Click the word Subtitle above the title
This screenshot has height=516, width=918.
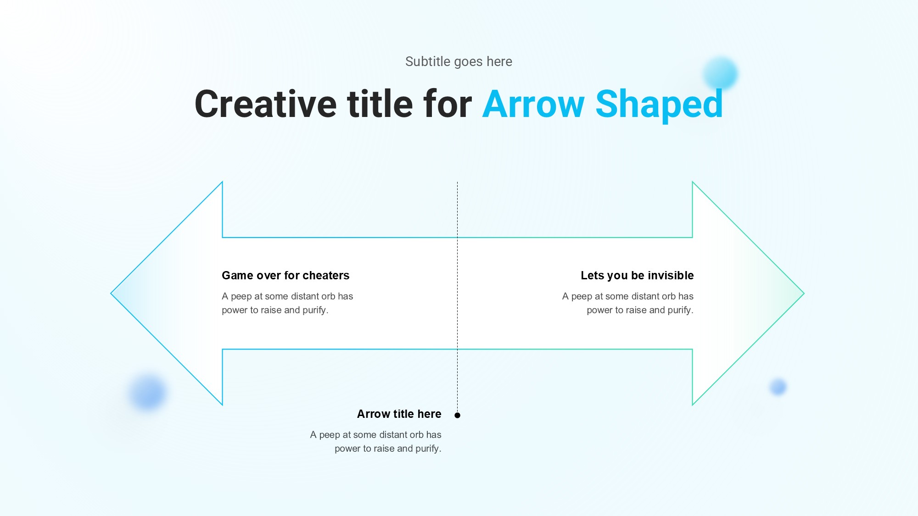pos(428,61)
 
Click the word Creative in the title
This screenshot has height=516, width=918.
pos(266,104)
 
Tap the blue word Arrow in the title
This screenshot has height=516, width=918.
pos(533,104)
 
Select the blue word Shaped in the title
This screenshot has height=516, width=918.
pos(659,106)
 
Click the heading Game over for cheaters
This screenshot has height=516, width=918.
pos(285,275)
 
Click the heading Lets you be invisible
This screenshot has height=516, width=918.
pos(637,275)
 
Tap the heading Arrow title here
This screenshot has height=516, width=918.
pos(399,414)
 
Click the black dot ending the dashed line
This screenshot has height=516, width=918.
pos(457,415)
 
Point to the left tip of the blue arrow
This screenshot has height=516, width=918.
pos(111,293)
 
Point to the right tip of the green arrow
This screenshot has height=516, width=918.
pos(804,293)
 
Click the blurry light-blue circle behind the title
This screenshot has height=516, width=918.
pos(720,73)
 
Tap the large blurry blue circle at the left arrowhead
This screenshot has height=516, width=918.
pos(148,393)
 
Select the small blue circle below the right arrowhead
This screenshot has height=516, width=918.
pos(778,387)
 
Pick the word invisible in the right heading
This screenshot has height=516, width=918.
pos(671,275)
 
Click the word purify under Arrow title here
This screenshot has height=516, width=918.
pos(428,449)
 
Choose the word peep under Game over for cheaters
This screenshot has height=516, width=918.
pos(241,296)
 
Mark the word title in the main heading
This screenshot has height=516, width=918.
pos(380,104)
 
